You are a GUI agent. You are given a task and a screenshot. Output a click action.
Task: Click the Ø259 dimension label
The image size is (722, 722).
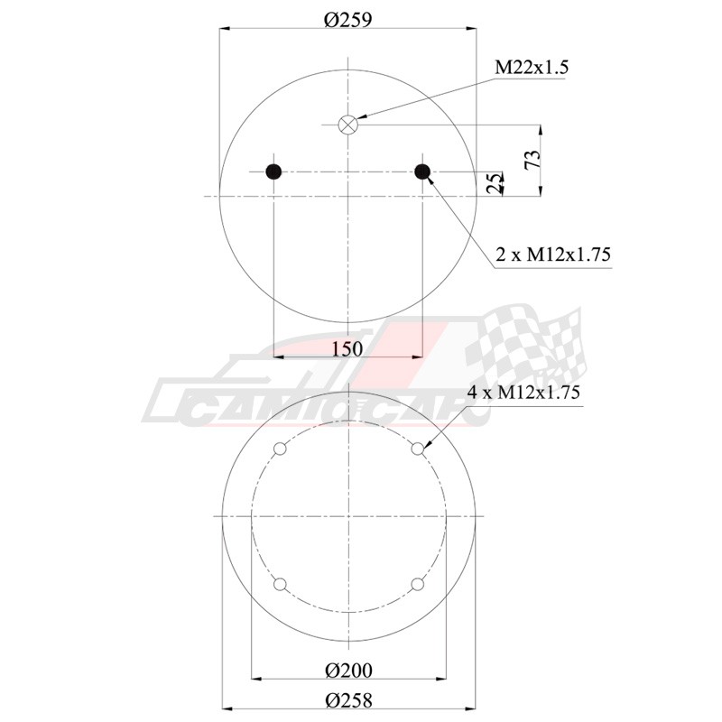(x=347, y=20)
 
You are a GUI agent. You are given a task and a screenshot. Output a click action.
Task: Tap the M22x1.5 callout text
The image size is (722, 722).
(x=532, y=67)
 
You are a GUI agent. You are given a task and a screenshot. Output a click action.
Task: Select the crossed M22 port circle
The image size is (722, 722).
(x=348, y=124)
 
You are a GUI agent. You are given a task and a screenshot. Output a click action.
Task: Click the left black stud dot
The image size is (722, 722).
(x=273, y=171)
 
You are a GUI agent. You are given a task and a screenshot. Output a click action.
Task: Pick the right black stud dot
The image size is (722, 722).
(x=422, y=171)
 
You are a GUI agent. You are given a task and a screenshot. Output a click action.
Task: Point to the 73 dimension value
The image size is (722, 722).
(x=532, y=160)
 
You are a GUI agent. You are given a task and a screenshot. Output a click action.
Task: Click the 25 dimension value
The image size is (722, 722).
(x=494, y=183)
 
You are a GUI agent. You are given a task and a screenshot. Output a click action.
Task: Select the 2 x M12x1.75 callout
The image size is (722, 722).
(x=553, y=255)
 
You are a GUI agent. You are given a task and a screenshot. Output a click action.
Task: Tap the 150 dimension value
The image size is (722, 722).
(x=347, y=349)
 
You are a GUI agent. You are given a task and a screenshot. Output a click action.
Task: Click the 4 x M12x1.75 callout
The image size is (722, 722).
(x=523, y=392)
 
